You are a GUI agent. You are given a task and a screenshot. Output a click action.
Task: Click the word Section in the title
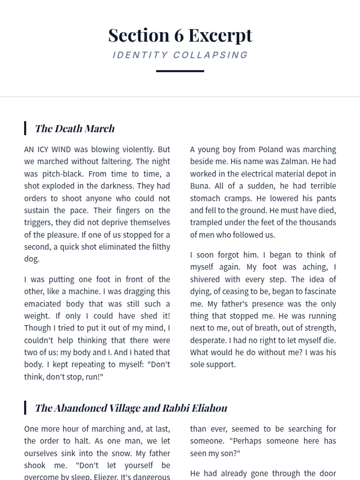coord(139,35)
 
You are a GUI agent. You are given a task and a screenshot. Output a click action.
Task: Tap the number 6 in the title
coord(179,35)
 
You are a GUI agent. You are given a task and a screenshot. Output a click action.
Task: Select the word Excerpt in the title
coord(220,35)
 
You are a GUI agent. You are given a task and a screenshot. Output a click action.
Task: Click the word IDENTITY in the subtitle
coord(140,55)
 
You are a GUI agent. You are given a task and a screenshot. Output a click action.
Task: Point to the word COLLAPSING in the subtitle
coord(211,55)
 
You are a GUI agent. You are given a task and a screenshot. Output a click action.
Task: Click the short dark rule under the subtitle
coord(180,71)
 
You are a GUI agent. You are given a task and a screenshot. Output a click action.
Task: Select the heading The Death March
coord(75,128)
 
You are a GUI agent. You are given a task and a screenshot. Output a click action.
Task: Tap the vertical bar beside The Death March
coord(25,128)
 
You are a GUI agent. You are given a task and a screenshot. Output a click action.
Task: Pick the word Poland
coord(270,149)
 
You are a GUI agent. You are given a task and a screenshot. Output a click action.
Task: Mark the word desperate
coord(208,340)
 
